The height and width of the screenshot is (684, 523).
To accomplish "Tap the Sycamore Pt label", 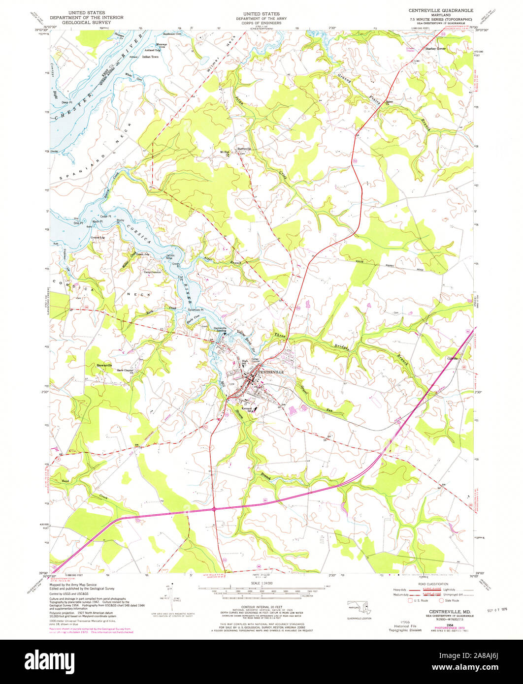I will pos(196,310).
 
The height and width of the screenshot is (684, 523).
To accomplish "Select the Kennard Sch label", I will pos(247,409).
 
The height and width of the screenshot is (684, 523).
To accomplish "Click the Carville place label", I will pos(452,358).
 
